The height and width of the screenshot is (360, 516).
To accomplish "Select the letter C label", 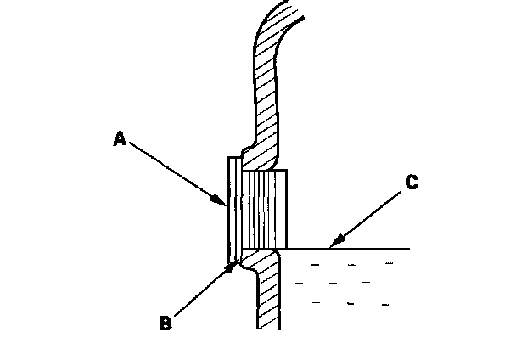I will point(411,182).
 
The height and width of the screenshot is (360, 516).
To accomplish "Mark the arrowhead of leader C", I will point(332,246).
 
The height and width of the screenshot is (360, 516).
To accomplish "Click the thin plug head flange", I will point(232,208).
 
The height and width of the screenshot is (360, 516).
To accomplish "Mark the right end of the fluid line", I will point(409,249).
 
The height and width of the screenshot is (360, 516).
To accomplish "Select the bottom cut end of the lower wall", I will point(268,328).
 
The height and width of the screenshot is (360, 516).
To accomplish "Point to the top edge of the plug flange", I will point(233,157).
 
